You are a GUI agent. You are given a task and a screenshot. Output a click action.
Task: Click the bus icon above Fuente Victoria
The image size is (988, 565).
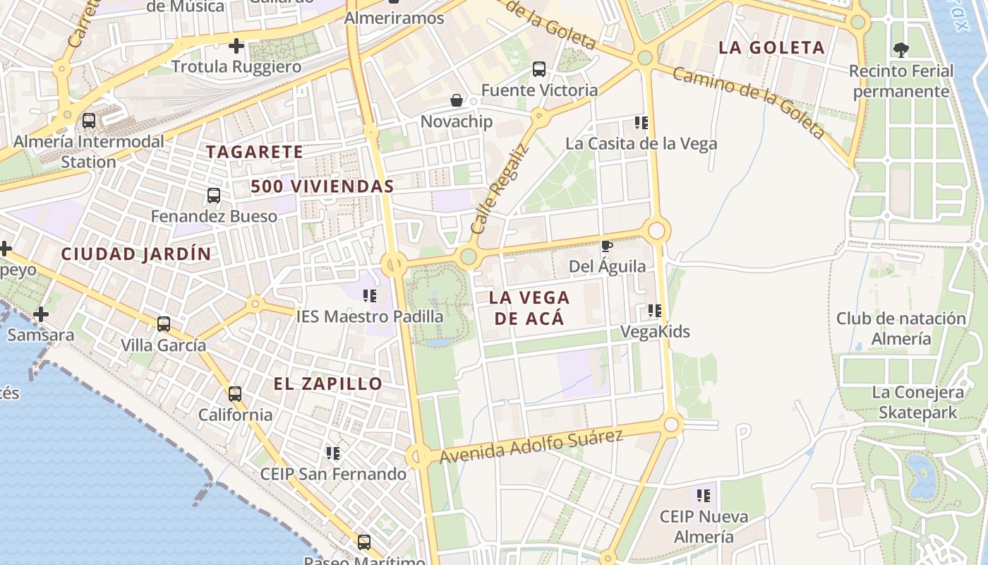(539, 69)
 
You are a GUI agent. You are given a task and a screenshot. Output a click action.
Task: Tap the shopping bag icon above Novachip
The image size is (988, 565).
(457, 101)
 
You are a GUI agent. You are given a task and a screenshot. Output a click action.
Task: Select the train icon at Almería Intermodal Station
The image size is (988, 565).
(89, 121)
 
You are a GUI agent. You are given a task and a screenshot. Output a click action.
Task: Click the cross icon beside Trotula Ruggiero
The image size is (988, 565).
(236, 47)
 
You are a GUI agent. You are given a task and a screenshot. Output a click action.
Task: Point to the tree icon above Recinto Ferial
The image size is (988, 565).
(900, 50)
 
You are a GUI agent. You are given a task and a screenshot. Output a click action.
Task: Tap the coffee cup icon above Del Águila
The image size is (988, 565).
(606, 246)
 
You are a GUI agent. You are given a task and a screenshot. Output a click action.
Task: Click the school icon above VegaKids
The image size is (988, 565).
(655, 311)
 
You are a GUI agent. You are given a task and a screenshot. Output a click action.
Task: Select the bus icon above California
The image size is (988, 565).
(235, 394)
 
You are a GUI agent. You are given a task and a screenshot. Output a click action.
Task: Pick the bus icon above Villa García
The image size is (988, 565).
(164, 324)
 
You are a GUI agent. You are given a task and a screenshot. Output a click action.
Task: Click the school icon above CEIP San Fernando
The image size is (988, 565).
(333, 453)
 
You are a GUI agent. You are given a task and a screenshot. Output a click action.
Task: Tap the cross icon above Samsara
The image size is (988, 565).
(41, 314)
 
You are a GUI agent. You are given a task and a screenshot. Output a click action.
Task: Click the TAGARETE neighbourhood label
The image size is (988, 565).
(254, 152)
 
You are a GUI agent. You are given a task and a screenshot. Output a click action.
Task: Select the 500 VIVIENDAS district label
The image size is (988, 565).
(322, 186)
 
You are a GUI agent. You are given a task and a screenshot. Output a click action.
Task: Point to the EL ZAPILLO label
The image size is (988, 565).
(328, 384)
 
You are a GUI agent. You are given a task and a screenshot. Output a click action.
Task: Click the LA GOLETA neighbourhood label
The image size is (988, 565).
(771, 48)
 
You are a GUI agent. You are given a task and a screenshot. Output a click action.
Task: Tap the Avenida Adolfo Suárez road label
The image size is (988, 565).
(531, 446)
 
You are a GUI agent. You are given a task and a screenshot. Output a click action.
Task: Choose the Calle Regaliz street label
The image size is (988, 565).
(499, 189)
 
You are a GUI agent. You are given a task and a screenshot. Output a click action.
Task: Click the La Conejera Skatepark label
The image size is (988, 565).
(917, 403)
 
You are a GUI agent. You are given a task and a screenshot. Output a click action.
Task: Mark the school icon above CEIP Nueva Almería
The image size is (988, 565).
(704, 496)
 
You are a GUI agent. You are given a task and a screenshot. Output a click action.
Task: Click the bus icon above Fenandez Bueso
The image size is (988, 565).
(214, 196)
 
